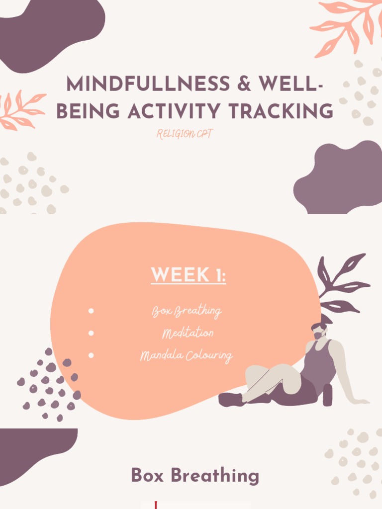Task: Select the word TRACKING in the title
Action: (284, 111)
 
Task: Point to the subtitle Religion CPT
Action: (185, 134)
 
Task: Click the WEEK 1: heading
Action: (188, 275)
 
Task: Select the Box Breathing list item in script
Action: (187, 312)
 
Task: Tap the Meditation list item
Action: (188, 333)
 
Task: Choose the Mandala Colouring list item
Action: (187, 356)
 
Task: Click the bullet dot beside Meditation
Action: (91, 333)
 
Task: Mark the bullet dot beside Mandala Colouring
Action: (91, 355)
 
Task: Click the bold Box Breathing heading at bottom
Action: (195, 476)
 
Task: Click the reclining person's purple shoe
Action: (230, 399)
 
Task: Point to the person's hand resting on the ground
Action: (362, 401)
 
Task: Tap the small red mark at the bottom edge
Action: (156, 506)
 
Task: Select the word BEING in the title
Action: (88, 111)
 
